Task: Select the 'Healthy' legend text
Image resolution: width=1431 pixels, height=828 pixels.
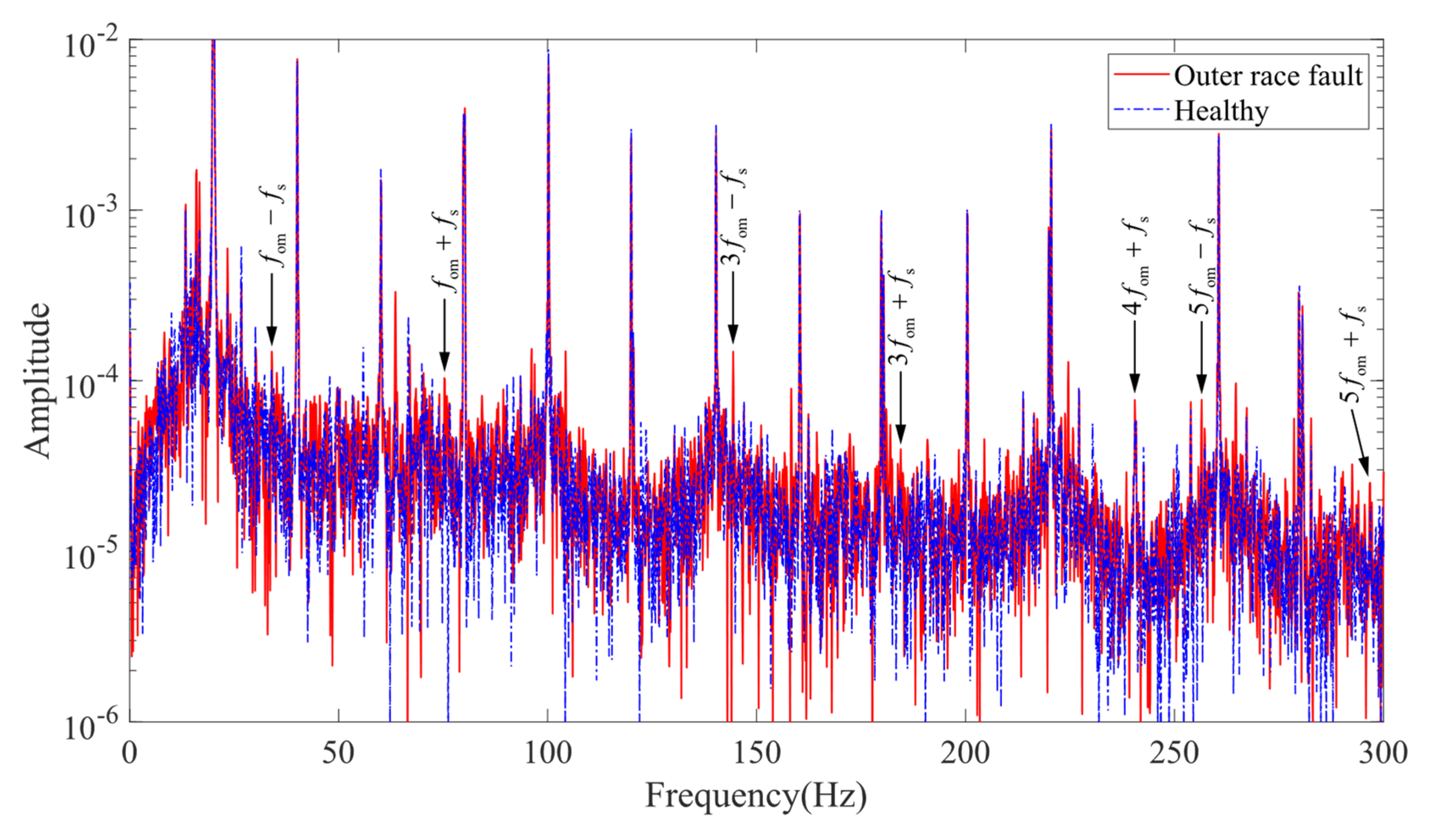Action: coord(1221,111)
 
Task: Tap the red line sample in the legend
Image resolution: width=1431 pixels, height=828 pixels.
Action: coord(1141,75)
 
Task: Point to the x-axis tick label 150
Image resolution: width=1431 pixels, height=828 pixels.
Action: coord(756,754)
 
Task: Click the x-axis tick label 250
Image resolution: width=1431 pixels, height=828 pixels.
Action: coord(1174,754)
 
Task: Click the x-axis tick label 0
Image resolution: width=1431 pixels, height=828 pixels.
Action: coord(130,754)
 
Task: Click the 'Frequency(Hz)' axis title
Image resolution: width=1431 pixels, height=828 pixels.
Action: coord(756,796)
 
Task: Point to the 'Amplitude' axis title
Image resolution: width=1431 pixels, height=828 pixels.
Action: coord(37,380)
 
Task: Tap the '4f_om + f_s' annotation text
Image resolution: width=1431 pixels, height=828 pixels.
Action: coord(1135,267)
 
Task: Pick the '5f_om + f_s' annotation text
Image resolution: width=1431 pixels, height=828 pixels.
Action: coord(1353,355)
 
